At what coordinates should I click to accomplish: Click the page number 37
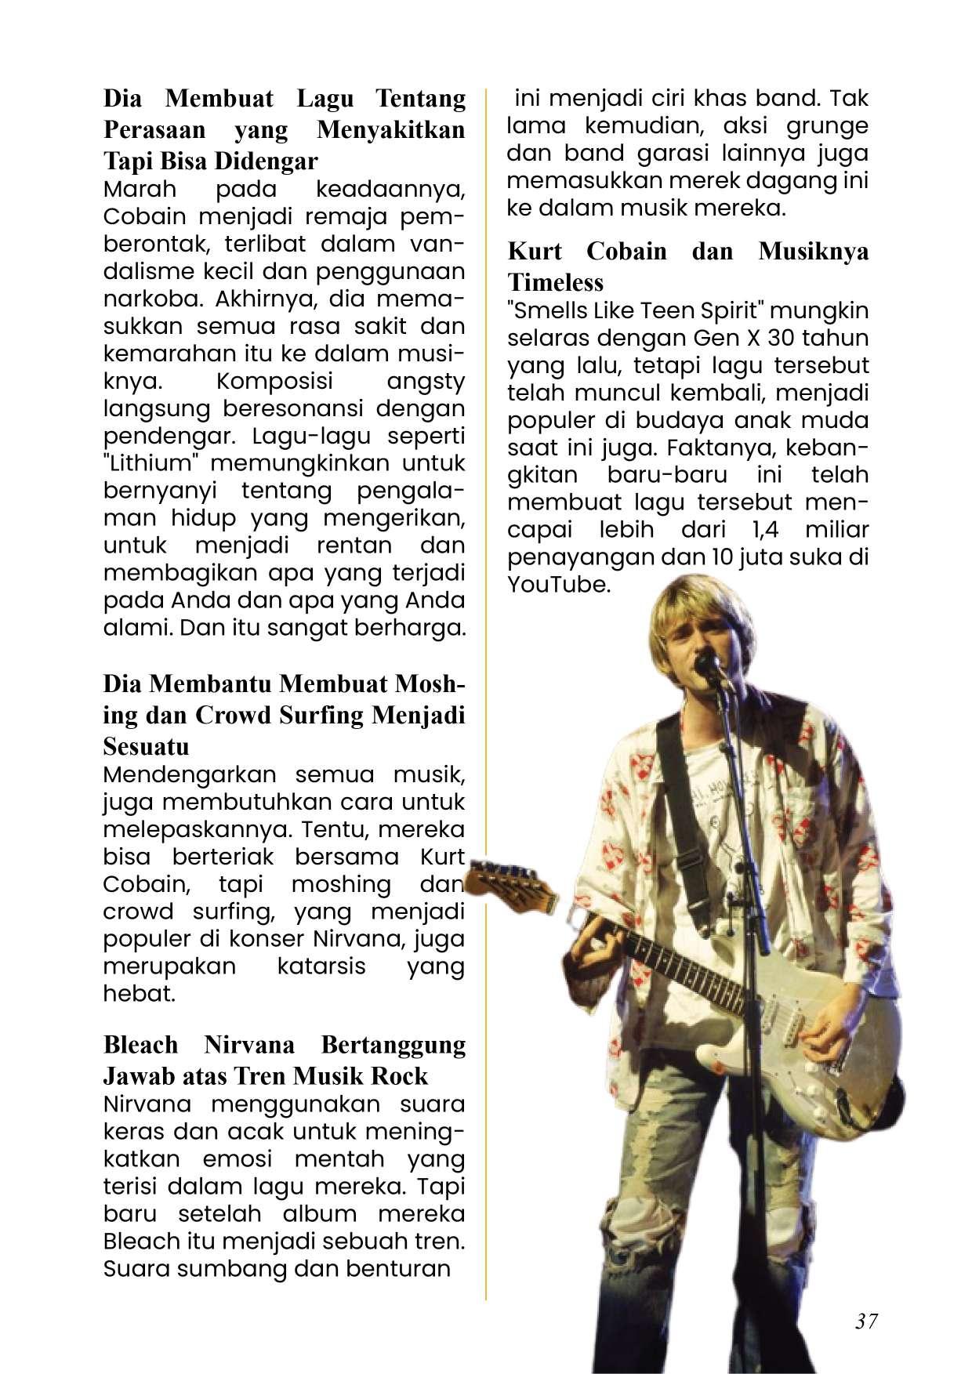865,1321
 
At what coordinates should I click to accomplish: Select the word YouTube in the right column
559,585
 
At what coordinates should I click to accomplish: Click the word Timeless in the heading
555,282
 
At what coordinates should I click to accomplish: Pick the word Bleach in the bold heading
140,1046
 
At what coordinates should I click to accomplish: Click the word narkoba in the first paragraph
149,299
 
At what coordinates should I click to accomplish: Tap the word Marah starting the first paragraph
140,190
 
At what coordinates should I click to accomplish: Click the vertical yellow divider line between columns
486,705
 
